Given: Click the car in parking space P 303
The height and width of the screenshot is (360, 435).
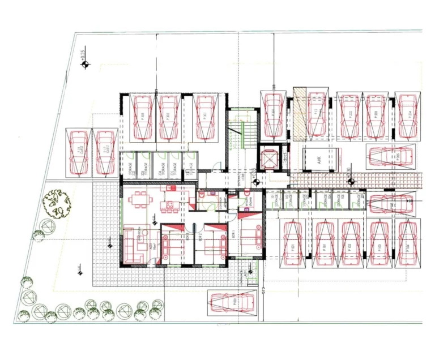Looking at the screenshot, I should (x=142, y=118).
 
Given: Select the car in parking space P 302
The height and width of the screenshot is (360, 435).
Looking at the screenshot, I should (x=169, y=118).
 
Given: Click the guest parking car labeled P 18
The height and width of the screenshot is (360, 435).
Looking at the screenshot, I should (x=78, y=152).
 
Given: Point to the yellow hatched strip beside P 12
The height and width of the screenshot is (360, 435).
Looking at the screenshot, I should (x=299, y=113).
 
